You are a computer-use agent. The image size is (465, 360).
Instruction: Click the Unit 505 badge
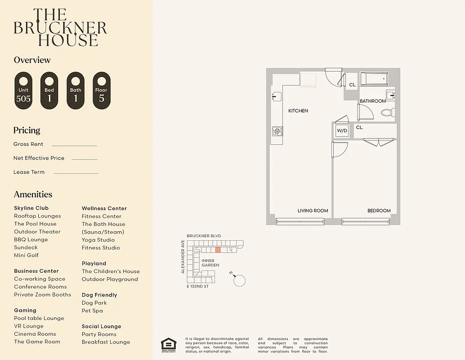click(23, 90)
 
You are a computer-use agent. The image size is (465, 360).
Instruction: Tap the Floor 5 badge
click(101, 90)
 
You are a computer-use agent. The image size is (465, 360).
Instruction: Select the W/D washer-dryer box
click(342, 131)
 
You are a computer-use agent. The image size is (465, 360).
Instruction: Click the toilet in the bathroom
click(387, 112)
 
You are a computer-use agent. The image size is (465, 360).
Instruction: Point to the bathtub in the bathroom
click(375, 80)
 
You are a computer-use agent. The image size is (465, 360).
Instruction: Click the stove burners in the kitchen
click(277, 131)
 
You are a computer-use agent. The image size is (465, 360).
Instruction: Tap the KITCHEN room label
click(298, 111)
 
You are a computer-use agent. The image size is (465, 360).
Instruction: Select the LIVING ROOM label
click(313, 211)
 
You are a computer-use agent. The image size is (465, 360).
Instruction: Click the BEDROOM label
click(379, 211)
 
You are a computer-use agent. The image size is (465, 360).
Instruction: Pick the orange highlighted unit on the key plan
click(218, 250)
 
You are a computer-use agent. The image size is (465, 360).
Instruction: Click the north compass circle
click(240, 281)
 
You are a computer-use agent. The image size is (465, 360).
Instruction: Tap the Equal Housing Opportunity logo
click(169, 344)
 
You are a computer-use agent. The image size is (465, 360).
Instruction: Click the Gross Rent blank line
click(75, 145)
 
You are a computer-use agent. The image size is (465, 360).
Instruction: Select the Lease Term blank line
click(76, 173)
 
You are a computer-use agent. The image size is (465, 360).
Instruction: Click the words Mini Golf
click(26, 255)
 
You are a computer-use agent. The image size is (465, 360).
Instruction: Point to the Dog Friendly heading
click(99, 295)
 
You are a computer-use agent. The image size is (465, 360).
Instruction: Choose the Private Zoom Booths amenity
click(42, 295)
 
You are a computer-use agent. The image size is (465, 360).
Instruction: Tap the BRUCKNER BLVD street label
click(204, 236)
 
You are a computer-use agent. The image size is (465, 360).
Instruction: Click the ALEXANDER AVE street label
click(183, 256)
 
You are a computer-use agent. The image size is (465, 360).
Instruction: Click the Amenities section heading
click(33, 194)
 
